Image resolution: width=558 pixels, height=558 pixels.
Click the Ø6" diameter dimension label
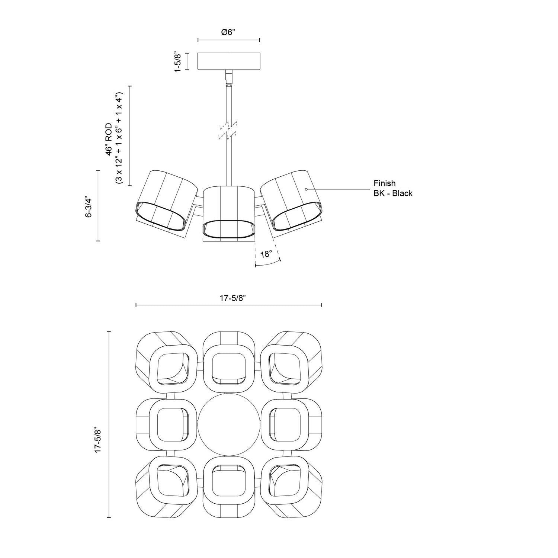228,32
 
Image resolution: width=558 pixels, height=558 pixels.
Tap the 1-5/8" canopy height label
178,61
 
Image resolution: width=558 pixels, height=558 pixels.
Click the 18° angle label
266,254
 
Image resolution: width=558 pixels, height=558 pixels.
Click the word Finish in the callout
385,183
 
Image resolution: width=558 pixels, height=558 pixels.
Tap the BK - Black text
393,193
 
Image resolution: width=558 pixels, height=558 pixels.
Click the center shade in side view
228,214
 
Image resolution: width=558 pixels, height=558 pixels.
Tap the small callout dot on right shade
306,189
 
